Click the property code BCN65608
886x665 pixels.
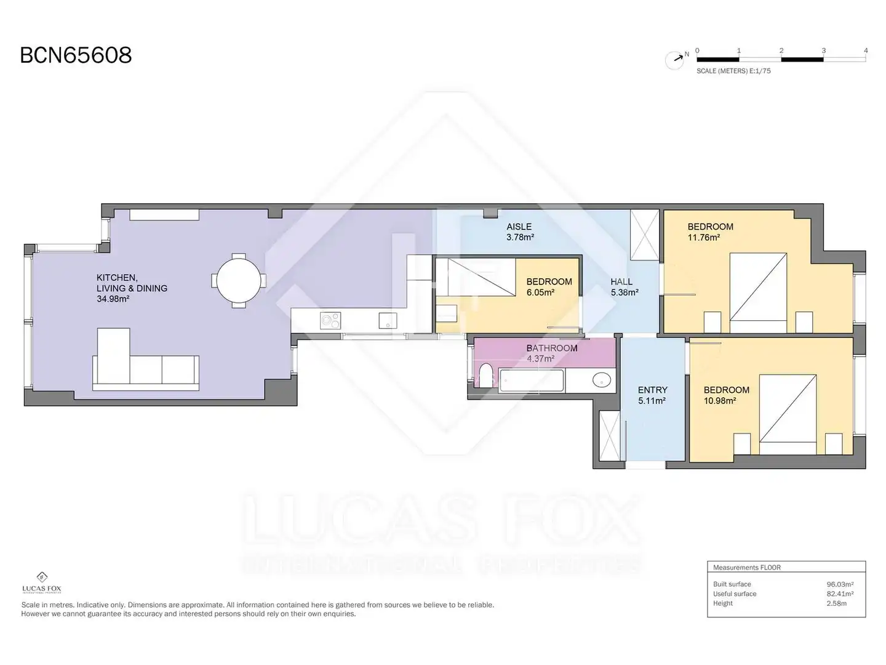(76, 55)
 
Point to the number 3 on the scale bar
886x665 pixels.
(823, 50)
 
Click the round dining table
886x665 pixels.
(239, 281)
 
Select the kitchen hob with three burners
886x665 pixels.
(330, 321)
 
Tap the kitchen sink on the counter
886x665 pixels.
(388, 321)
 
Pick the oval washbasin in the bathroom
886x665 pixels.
(601, 380)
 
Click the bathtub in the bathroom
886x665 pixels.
(531, 380)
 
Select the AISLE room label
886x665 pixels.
(519, 227)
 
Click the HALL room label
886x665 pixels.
(621, 282)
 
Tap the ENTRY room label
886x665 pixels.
(652, 390)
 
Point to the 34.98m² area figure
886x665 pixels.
(113, 299)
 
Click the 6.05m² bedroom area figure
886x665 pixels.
(540, 292)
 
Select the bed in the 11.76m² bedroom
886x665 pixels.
(758, 292)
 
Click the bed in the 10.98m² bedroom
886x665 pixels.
(788, 414)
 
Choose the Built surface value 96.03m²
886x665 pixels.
(840, 584)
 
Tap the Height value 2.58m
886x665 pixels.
(836, 603)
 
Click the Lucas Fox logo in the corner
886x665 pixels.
(42, 582)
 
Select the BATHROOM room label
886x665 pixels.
(552, 349)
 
